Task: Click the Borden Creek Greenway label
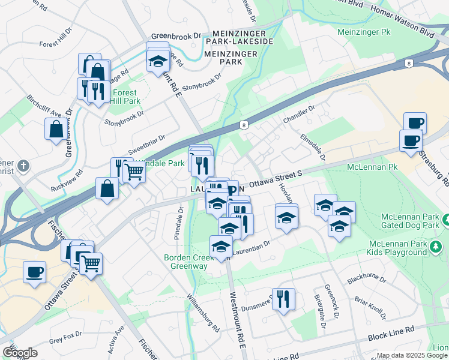(189, 262)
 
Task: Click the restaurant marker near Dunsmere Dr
(283, 299)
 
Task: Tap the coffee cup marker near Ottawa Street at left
(34, 272)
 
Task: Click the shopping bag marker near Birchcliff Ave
(56, 128)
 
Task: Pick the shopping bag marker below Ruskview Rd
(107, 188)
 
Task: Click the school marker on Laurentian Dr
(221, 247)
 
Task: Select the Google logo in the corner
(20, 353)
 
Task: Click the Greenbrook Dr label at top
(176, 36)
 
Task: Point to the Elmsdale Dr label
(313, 148)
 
